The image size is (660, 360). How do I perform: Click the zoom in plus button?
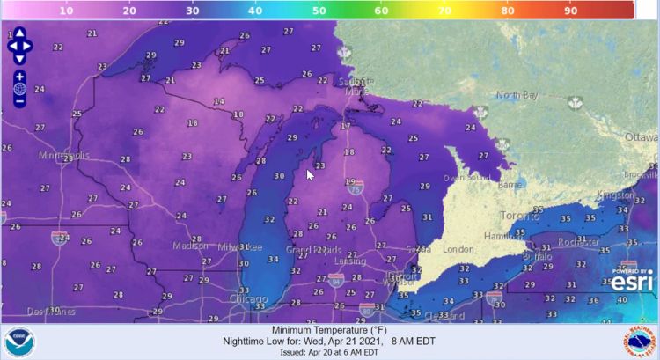[19, 77]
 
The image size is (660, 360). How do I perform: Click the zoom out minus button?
[19, 101]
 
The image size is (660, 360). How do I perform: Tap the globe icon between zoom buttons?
[19, 89]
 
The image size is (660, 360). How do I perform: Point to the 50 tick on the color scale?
[319, 11]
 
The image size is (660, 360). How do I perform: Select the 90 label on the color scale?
[569, 11]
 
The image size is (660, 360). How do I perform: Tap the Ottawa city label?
[641, 138]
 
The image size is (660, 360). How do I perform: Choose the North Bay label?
[514, 95]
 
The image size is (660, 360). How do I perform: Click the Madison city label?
[192, 246]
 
